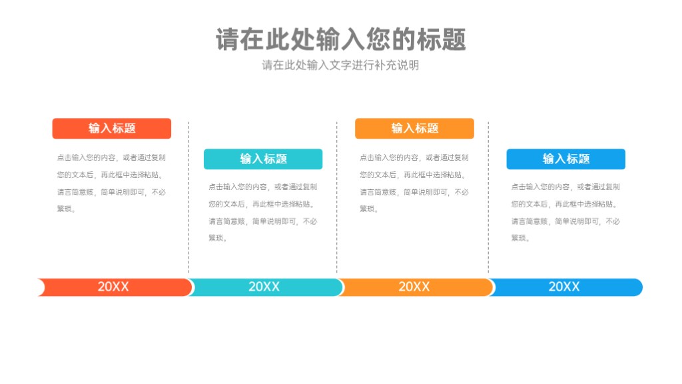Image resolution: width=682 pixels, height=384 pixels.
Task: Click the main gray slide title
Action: pos(341,39)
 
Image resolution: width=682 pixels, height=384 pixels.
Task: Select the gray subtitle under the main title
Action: pos(340,65)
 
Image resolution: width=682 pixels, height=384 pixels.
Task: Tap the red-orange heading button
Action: pos(112,129)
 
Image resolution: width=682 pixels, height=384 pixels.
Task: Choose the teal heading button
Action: pos(263,159)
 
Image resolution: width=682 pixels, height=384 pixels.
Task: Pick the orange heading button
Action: pos(414,129)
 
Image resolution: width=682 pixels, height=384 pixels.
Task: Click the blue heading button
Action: pos(566,159)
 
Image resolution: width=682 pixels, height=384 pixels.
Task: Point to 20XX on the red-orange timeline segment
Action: pos(113,287)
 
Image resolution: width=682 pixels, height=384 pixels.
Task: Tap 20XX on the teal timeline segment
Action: pos(264,287)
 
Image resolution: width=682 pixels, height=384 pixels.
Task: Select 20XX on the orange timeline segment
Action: pos(414,287)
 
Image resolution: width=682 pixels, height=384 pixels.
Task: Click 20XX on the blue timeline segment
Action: pos(564,287)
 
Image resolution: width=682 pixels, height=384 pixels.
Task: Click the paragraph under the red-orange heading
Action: pos(111,183)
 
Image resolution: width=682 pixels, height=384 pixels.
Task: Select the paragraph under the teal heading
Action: pos(262,213)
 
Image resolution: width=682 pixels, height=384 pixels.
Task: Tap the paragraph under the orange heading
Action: pos(414,183)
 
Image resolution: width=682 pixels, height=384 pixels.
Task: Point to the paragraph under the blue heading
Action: pos(565,213)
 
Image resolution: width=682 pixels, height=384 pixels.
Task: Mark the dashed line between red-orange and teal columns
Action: pos(188,197)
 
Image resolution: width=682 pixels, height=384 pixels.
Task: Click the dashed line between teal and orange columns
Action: pos(336,197)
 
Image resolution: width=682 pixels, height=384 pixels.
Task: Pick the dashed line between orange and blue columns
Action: pos(488,197)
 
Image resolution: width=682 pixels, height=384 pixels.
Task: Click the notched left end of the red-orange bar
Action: pos(42,287)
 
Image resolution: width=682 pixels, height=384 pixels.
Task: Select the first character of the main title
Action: pos(228,39)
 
